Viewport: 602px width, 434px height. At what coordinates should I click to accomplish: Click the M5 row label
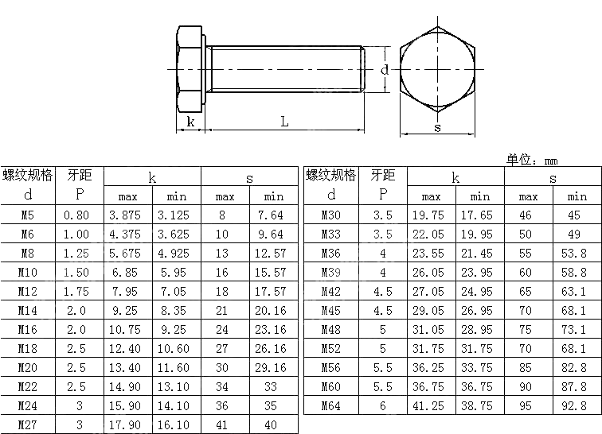[x=28, y=215]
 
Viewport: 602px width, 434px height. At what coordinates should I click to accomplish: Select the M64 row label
[x=330, y=406]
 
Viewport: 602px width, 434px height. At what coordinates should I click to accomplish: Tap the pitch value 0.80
[x=79, y=215]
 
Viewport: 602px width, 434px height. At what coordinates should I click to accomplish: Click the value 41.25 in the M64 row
[x=431, y=406]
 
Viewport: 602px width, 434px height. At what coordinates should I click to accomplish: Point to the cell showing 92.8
[x=577, y=406]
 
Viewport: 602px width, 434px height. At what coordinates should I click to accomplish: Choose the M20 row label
[x=28, y=368]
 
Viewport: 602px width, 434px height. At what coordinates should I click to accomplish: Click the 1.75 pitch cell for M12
[x=79, y=292]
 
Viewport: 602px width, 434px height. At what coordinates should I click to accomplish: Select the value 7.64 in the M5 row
[x=273, y=215]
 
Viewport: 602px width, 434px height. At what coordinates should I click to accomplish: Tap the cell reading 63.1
[x=577, y=292]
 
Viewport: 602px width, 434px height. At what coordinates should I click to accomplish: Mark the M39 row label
[x=330, y=273]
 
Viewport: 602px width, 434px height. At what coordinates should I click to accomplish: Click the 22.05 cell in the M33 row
[x=431, y=234]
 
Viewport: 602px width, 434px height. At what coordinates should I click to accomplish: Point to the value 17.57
[x=273, y=292]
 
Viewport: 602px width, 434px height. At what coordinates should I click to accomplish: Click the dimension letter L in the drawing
[x=284, y=122]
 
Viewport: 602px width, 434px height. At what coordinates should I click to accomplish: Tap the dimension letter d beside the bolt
[x=384, y=70]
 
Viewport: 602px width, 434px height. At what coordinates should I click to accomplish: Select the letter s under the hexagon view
[x=437, y=127]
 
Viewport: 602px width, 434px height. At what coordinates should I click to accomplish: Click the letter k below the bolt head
[x=190, y=122]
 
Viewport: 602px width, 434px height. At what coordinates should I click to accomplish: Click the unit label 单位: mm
[x=533, y=159]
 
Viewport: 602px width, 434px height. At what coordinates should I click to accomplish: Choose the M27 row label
[x=28, y=425]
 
